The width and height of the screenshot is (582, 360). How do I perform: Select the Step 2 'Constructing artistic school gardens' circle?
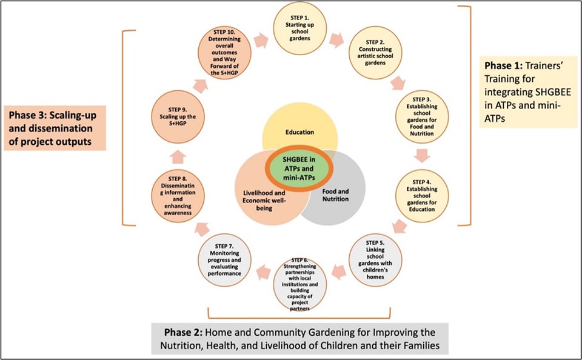coord(371,61)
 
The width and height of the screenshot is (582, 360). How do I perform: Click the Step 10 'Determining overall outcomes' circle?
coord(224,53)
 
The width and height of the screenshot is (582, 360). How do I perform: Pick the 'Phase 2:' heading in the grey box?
coord(184,332)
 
